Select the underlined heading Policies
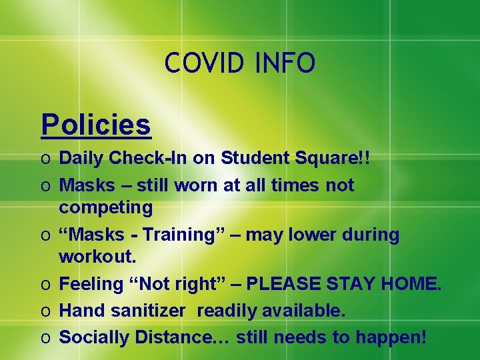point(96,124)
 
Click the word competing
point(106,207)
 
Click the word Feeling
point(90,285)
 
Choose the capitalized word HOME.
point(410,285)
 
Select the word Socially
point(95,337)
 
